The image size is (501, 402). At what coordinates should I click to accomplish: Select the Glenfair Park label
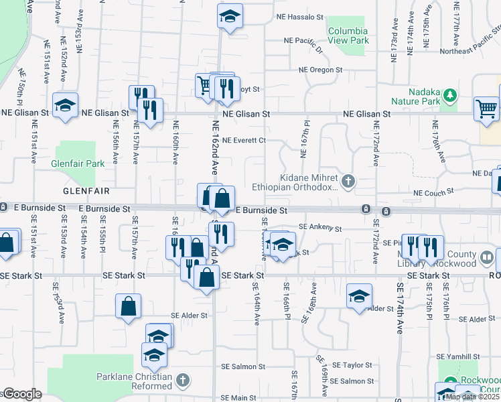(x=78, y=163)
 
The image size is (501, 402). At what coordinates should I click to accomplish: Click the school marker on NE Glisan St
(x=66, y=105)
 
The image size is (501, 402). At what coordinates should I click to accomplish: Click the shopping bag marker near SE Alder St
(x=128, y=306)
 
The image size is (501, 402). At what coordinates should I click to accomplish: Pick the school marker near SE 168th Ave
(x=359, y=295)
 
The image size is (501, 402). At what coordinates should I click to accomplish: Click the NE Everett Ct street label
(x=244, y=141)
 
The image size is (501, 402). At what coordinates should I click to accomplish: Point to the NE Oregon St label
(x=320, y=70)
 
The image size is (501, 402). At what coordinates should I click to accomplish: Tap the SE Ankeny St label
(x=320, y=228)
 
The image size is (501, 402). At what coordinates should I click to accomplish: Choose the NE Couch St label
(x=434, y=193)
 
